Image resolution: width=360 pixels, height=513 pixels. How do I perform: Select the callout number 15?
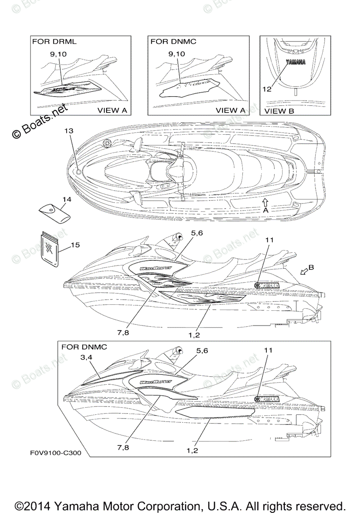(75, 245)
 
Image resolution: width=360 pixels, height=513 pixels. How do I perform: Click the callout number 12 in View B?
(267, 90)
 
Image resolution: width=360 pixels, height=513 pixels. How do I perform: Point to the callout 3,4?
(86, 357)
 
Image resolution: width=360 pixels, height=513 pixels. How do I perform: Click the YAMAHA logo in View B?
(295, 62)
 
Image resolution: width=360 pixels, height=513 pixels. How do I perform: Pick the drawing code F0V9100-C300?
(56, 453)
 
